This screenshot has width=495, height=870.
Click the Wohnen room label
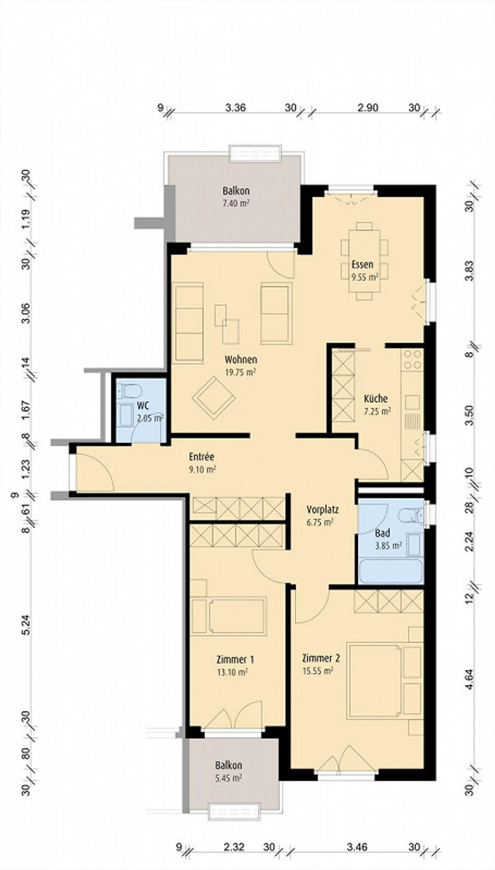click(x=241, y=360)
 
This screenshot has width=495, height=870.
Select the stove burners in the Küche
click(x=412, y=359)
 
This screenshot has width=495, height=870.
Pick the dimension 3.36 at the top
click(x=235, y=108)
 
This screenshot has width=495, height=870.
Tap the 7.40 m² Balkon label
click(x=236, y=203)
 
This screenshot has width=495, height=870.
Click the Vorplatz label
click(x=322, y=509)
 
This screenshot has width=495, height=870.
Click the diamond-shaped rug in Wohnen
click(x=213, y=397)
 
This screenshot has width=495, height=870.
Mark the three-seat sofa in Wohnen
click(x=189, y=323)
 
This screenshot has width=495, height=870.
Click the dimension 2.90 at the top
click(x=367, y=108)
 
